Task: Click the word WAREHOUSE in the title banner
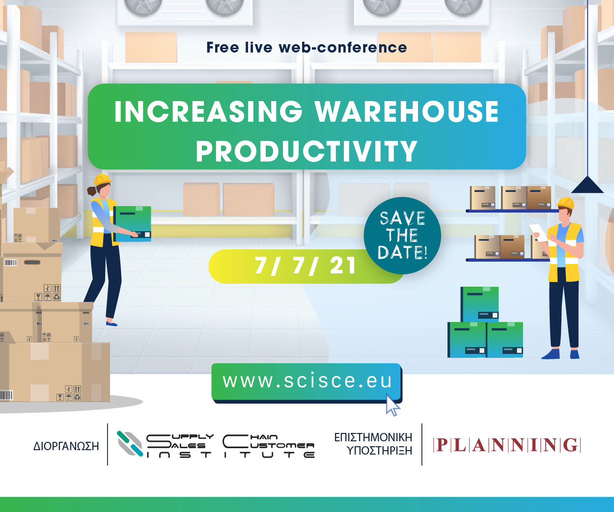(x=407, y=112)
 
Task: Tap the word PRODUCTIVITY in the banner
(x=307, y=151)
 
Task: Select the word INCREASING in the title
(x=208, y=112)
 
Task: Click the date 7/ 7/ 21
(x=305, y=266)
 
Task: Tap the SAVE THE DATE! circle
(x=402, y=236)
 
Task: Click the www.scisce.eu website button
(x=307, y=382)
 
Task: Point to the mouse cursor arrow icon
(x=392, y=405)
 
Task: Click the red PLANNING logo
(x=507, y=445)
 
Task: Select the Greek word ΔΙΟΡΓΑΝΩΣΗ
(x=66, y=446)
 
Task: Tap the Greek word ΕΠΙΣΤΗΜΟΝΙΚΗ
(x=373, y=437)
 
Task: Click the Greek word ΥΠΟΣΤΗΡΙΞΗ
(x=380, y=451)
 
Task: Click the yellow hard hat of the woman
(x=103, y=179)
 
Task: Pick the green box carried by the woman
(x=132, y=224)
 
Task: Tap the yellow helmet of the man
(x=565, y=203)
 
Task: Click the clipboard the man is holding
(x=539, y=233)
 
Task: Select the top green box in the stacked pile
(x=479, y=304)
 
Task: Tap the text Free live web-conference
(x=307, y=48)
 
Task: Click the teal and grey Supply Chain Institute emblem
(x=130, y=444)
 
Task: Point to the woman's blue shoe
(x=112, y=323)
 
